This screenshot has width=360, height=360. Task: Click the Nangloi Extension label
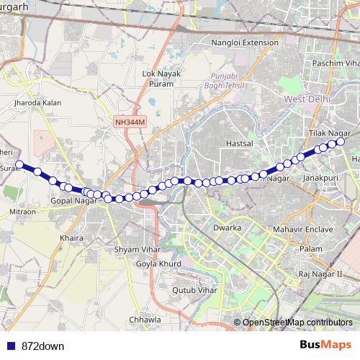245,42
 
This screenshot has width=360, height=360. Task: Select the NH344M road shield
130,122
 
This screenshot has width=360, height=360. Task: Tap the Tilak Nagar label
329,134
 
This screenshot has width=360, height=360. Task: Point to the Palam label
311,248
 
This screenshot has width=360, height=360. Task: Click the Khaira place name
73,237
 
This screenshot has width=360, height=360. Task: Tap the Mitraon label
22,213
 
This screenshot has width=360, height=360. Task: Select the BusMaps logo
325,345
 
